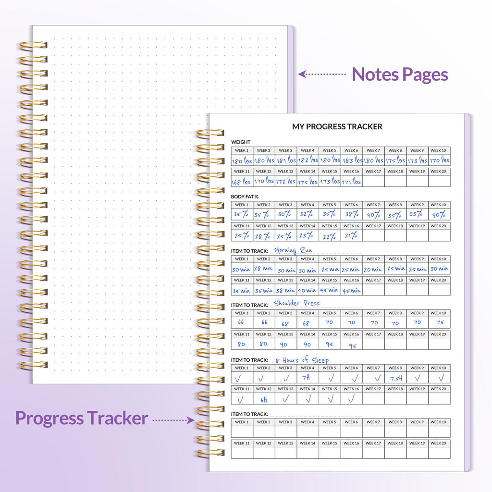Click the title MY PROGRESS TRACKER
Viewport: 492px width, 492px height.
point(337,127)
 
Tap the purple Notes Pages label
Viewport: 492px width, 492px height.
point(400,74)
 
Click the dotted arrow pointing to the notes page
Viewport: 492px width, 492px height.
point(322,74)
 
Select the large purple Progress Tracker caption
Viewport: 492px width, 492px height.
point(81,418)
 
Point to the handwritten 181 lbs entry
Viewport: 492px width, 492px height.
point(285,160)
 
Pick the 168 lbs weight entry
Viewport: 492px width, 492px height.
point(241,182)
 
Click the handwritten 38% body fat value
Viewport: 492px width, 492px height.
point(351,215)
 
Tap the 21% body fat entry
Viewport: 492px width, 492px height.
point(351,236)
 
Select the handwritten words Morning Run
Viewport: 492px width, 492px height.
point(293,250)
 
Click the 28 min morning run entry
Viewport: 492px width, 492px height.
point(263,269)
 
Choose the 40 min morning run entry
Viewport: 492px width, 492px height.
point(307,290)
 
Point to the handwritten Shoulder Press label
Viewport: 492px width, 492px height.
point(296,304)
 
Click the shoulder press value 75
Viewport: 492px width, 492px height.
point(440,323)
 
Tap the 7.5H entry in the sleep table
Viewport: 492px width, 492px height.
point(395,378)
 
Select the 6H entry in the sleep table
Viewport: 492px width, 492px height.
point(263,399)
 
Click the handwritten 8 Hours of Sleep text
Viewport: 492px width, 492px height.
point(302,360)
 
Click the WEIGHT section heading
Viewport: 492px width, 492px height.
point(241,142)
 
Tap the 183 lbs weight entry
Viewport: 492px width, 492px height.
point(351,160)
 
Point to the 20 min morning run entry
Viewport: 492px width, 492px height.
point(373,269)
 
